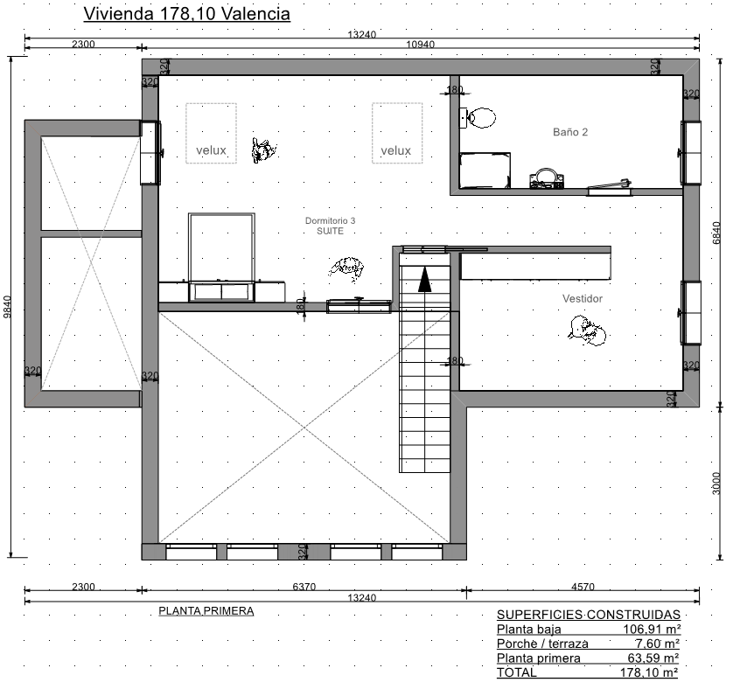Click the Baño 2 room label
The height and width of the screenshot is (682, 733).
[x=569, y=132]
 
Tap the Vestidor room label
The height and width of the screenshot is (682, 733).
[x=582, y=298]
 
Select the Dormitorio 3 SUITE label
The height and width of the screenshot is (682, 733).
[x=330, y=226]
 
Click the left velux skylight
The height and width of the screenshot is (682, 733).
[x=212, y=133]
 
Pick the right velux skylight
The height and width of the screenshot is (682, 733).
[x=397, y=133]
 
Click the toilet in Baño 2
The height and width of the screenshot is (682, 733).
[x=478, y=118]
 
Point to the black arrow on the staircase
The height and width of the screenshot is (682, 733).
[x=424, y=279]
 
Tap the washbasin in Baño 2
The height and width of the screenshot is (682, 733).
[x=546, y=179]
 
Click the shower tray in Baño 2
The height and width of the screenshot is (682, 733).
[x=485, y=170]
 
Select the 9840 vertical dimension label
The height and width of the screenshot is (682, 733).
[x=7, y=307]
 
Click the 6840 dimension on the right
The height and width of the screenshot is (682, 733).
[x=716, y=233]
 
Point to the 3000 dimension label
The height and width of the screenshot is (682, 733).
[x=716, y=483]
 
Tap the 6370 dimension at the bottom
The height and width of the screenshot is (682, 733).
[x=304, y=586]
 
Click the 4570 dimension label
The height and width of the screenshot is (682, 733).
[x=583, y=586]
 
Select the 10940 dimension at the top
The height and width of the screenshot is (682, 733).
[x=420, y=45]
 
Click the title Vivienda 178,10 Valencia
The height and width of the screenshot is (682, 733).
[x=186, y=14]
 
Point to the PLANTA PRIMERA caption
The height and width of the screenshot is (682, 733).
[x=206, y=611]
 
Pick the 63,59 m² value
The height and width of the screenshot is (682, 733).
[x=653, y=658]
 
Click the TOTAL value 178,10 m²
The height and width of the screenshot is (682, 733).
[x=649, y=672]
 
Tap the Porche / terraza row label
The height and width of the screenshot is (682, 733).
[x=542, y=644]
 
